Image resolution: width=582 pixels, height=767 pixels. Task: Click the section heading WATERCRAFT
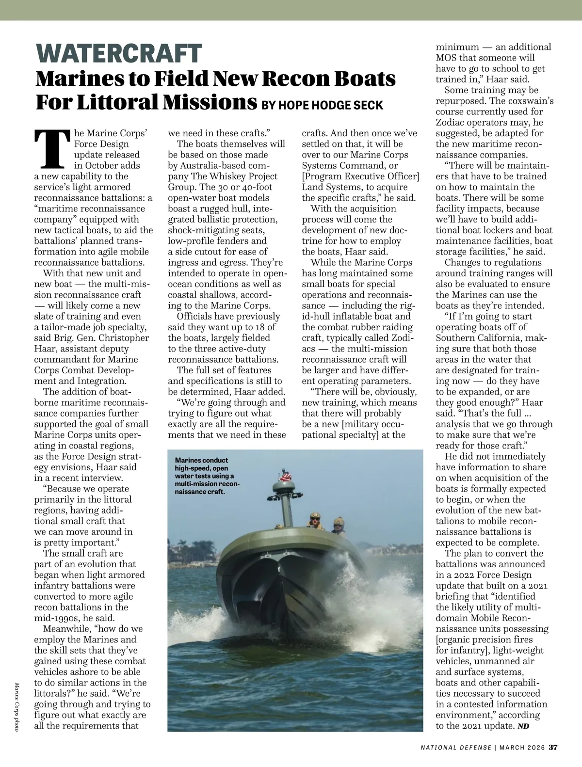point(118,53)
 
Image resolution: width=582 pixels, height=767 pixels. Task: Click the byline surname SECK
point(368,105)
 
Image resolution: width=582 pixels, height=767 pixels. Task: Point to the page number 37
point(554,747)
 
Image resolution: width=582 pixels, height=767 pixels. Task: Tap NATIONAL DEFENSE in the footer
point(456,747)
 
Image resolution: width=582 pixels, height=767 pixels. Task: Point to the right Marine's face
point(338,526)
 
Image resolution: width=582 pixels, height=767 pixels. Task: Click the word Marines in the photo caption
point(190,460)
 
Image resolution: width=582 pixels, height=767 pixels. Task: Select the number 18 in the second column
point(271,327)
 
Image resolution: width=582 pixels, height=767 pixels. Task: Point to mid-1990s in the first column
point(54,618)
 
